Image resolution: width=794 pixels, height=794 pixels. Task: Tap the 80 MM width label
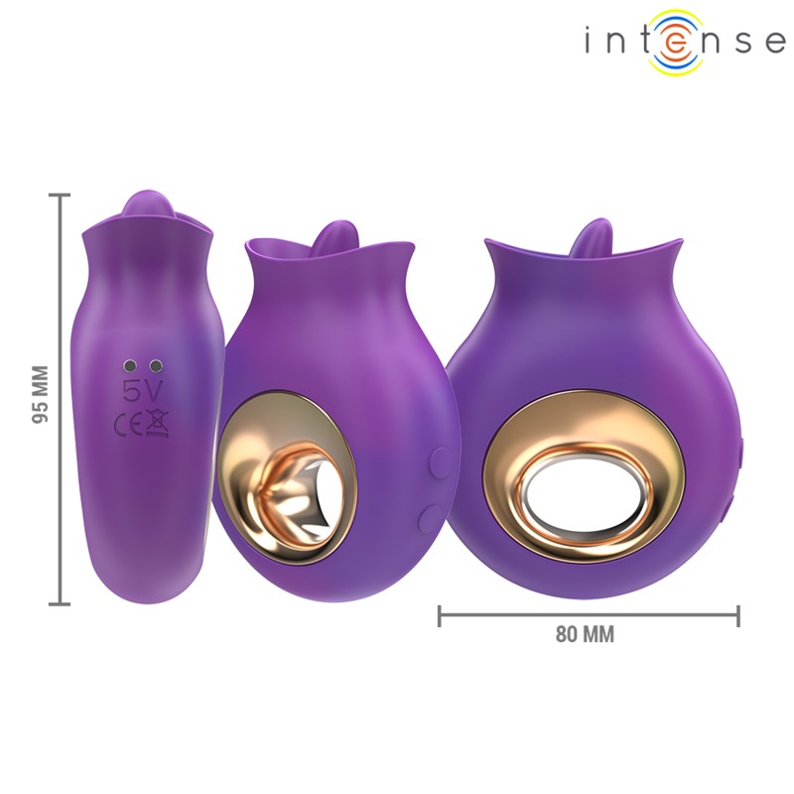coord(585,635)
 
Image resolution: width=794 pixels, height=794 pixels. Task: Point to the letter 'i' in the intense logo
coord(590,42)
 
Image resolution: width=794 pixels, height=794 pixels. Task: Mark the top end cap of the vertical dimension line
coord(62,196)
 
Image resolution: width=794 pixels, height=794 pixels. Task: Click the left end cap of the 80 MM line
coord(440,616)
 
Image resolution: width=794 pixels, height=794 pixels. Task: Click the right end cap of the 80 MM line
coord(738,616)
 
